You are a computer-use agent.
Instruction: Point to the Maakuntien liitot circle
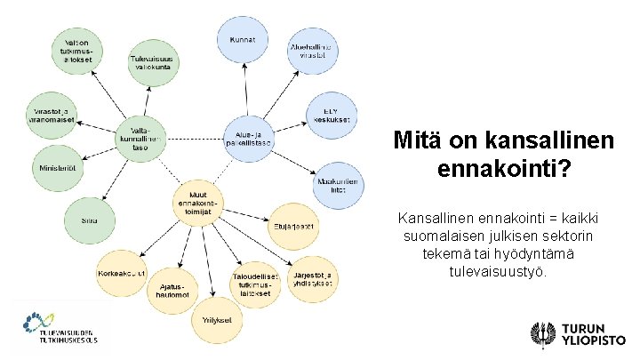(338, 182)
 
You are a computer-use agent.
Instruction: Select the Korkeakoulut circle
(123, 274)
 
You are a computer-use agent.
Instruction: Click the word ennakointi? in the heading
(504, 168)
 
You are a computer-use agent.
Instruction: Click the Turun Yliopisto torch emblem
(539, 334)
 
